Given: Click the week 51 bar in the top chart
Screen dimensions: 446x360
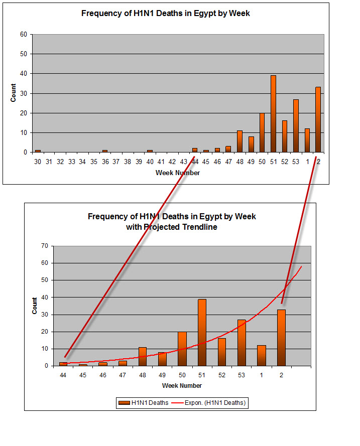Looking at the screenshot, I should tap(273, 114).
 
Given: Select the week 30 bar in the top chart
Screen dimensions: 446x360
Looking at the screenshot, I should tap(38, 151).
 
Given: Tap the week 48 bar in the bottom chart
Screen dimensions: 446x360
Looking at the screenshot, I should tap(143, 356).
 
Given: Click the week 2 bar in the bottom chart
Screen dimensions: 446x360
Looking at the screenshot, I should tap(281, 338).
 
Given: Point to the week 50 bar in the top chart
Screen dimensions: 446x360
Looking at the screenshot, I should tap(262, 132).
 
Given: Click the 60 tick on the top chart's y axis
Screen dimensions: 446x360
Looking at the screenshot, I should tap(23, 35).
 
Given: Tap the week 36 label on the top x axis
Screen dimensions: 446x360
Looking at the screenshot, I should tap(105, 162).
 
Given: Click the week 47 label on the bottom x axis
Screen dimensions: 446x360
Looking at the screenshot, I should tap(123, 375).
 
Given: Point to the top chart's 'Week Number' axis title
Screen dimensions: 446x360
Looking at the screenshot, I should tap(178, 173).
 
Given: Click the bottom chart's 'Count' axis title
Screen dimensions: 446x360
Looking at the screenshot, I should tap(35, 306).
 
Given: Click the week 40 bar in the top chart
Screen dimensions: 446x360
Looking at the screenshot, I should tap(150, 151).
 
